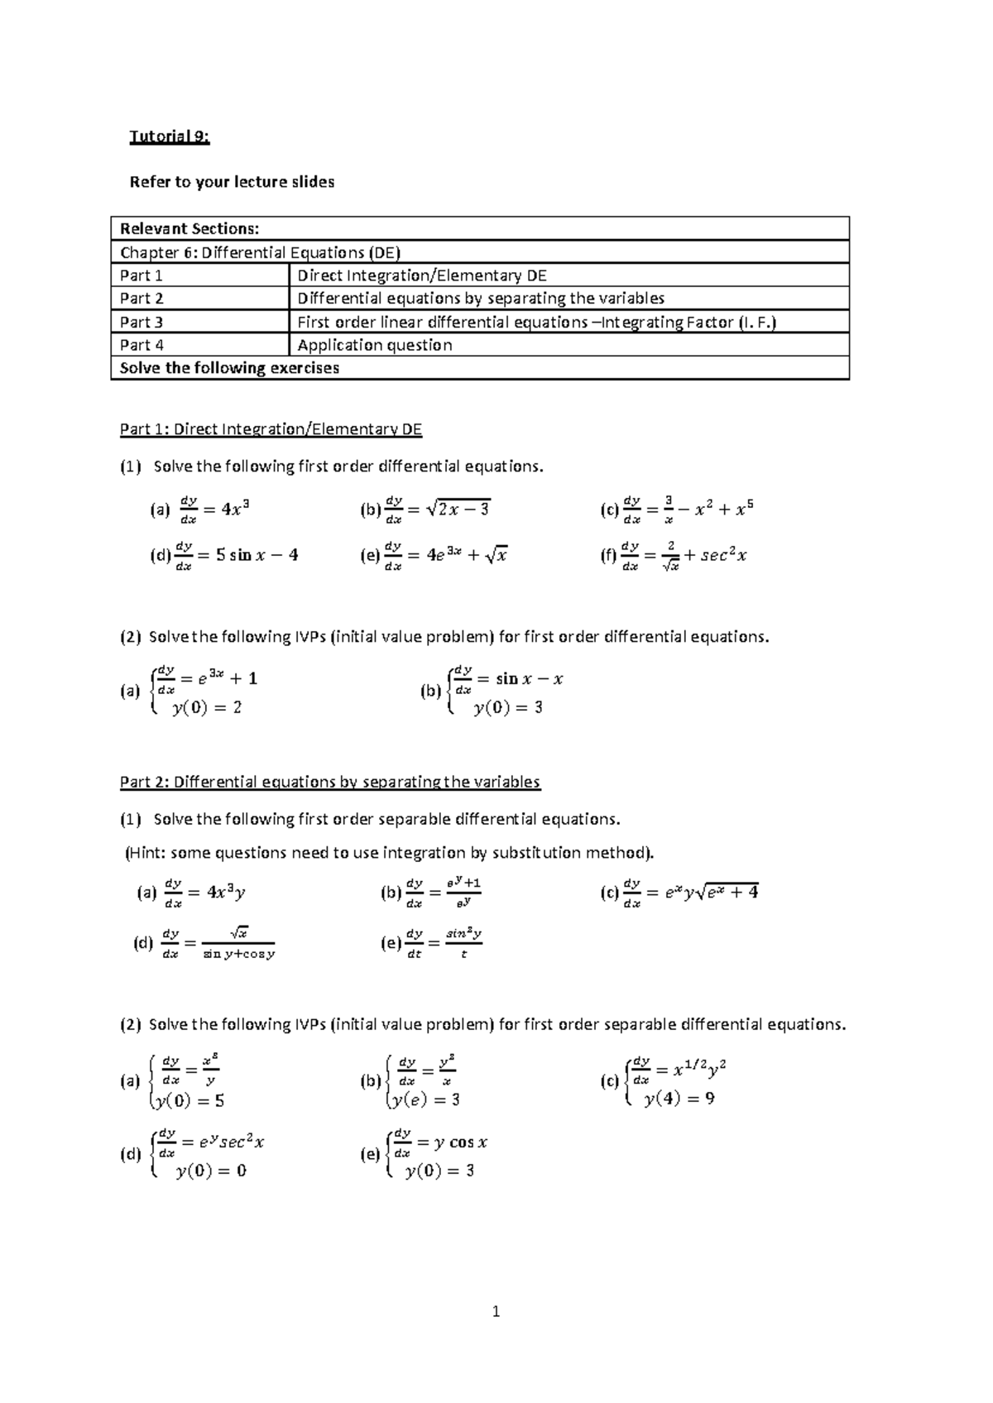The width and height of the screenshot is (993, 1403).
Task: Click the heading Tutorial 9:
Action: (170, 137)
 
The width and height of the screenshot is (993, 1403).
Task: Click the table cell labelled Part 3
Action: (142, 322)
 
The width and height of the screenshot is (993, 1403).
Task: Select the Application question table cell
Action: (374, 345)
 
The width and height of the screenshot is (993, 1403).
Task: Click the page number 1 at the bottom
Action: (496, 1311)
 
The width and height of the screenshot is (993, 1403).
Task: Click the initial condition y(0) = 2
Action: (207, 707)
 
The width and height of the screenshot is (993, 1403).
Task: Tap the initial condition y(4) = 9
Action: (679, 1099)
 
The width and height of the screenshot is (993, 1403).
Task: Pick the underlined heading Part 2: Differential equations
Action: (329, 782)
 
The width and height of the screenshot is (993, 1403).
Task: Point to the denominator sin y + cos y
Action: (238, 954)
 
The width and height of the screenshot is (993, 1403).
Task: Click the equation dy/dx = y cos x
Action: (447, 1142)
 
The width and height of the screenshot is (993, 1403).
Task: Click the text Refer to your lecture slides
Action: (232, 182)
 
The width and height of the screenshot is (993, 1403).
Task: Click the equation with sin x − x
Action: (508, 679)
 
